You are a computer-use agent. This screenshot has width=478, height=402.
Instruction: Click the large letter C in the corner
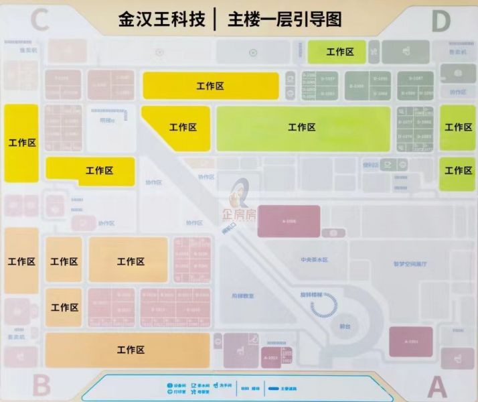point(39,21)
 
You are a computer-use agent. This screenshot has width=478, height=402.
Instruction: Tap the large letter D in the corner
point(441,21)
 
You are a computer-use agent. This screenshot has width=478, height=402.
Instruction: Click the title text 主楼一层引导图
point(285,19)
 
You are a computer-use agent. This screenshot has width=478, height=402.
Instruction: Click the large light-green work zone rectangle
point(303,127)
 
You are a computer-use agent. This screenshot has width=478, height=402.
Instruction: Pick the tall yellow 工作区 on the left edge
point(21,142)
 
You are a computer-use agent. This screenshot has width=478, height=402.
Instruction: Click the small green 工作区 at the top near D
point(337,52)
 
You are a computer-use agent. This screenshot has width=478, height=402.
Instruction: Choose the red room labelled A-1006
point(289,221)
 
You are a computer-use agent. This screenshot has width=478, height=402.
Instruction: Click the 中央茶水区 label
point(314,260)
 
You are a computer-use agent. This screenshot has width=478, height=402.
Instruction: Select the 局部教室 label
point(242,295)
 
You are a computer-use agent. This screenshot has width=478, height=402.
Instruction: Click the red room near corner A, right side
point(411,342)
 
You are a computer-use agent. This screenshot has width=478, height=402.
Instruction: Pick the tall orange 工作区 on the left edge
point(21,261)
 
